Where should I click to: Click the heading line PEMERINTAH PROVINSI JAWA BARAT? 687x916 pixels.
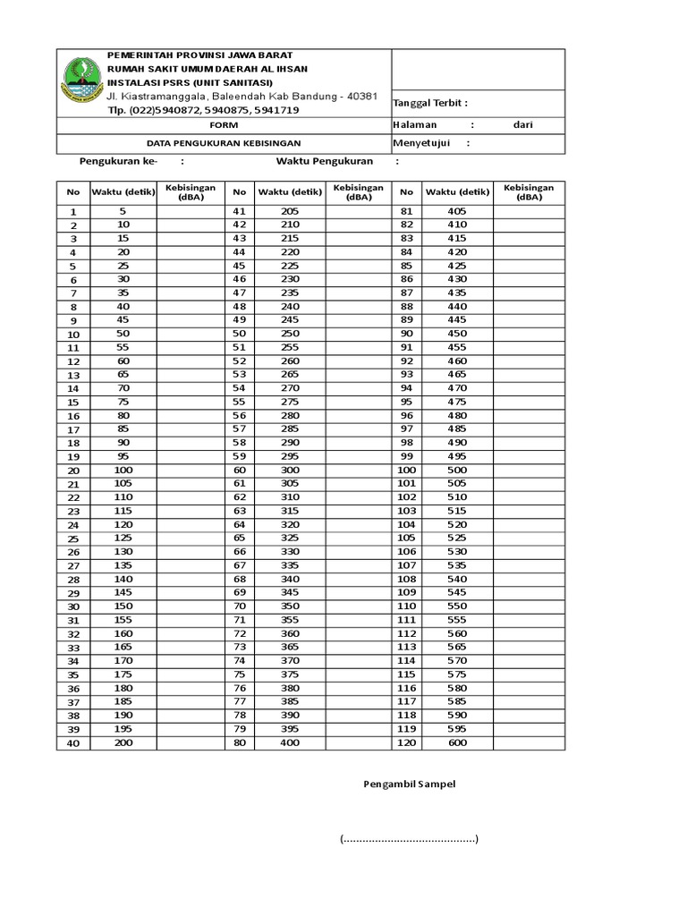pos(199,55)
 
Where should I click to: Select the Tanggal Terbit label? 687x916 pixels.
pos(430,105)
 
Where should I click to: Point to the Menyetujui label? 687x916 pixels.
pos(421,143)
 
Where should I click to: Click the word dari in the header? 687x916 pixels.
pos(522,125)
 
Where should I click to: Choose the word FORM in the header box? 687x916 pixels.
pos(224,125)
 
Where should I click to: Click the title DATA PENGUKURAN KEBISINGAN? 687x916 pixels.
pos(224,143)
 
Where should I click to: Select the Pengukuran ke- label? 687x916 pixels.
pos(119,162)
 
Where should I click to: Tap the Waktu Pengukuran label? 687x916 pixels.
pos(324,162)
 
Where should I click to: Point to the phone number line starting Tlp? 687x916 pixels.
pos(203,110)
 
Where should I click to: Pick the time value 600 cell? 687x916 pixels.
pos(457,742)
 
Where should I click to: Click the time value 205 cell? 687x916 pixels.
pos(290,211)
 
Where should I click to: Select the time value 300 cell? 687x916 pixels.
pos(290,470)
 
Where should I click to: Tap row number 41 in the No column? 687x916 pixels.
pos(239,211)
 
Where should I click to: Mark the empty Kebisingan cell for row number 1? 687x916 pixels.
pos(191,211)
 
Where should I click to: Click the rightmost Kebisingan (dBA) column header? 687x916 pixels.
pos(528,192)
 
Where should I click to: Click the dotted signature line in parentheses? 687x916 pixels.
pos(409,839)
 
